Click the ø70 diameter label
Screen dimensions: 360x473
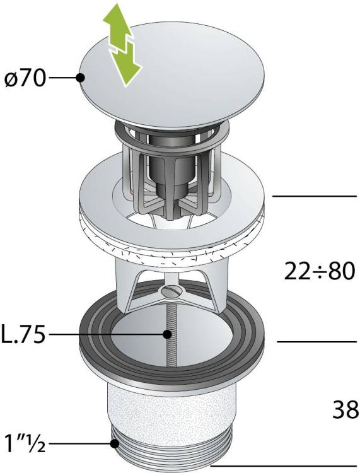[25, 79]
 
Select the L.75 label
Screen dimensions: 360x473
[24, 334]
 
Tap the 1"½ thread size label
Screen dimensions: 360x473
[25, 443]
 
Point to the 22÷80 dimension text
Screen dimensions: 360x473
[320, 271]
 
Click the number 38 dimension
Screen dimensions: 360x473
[346, 409]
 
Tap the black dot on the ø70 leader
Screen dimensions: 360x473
[80, 78]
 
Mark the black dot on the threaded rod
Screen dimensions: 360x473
[166, 334]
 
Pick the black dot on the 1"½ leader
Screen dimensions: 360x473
[114, 443]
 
